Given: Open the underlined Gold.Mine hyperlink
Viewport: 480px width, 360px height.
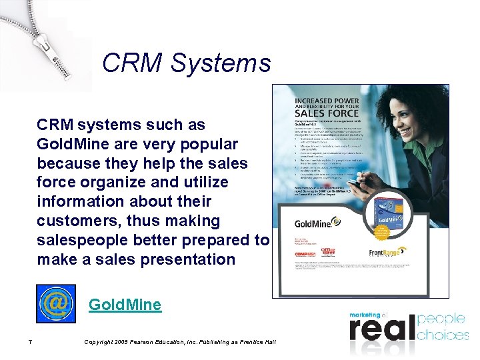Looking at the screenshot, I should point(125,305).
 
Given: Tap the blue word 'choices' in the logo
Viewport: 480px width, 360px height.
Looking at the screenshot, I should point(443,335).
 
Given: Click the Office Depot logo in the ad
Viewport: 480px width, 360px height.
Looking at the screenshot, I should point(328,253).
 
